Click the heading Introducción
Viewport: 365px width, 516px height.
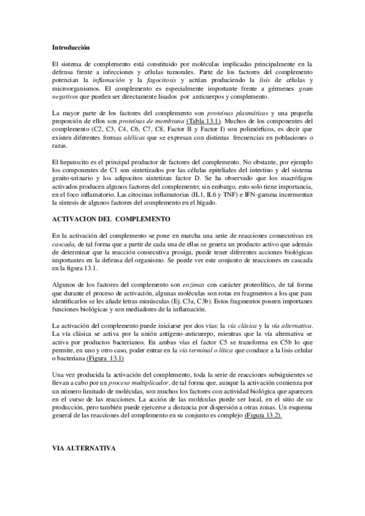pyautogui.click(x=70, y=46)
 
